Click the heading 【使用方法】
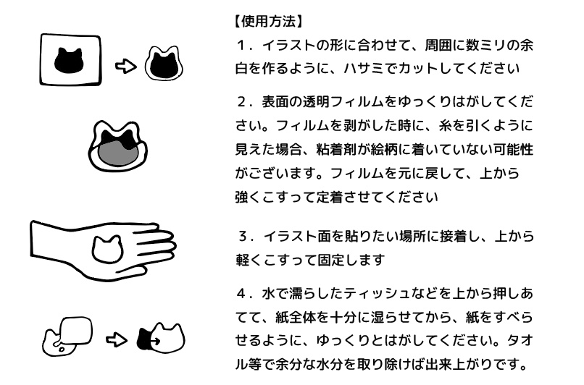[x=268, y=22]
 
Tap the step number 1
[x=242, y=46]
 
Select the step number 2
[x=242, y=102]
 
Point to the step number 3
[x=243, y=236]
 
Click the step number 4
[x=242, y=294]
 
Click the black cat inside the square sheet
[x=69, y=61]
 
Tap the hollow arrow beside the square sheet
[x=126, y=67]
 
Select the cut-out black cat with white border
[x=164, y=64]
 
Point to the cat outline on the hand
[x=108, y=249]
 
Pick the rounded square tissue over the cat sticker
[x=76, y=331]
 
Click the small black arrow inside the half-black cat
[x=154, y=340]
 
